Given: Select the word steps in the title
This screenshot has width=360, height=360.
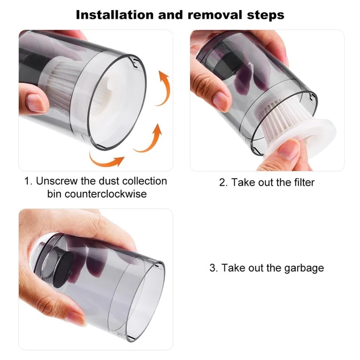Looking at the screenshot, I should tap(265, 14).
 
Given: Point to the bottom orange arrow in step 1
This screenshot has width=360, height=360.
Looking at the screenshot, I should tap(107, 158).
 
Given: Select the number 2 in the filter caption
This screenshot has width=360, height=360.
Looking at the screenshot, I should tap(222, 182).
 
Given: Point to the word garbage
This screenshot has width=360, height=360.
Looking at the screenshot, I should tap(304, 268).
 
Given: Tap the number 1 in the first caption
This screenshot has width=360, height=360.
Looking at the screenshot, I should tap(27, 181).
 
